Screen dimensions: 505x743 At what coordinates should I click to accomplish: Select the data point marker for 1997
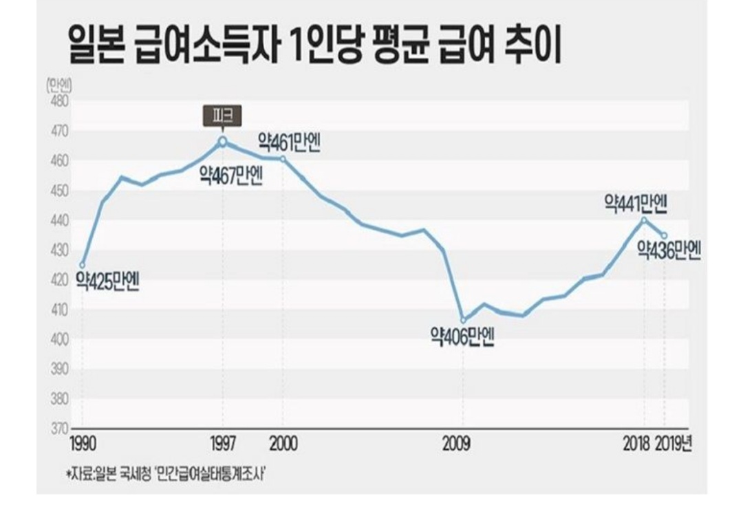[x=223, y=141]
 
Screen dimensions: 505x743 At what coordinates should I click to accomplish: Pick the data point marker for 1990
[x=83, y=265]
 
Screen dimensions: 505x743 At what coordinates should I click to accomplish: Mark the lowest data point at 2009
[x=463, y=320]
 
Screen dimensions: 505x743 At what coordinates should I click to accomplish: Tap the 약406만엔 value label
[x=462, y=338]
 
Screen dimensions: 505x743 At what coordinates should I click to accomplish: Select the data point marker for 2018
[x=645, y=219]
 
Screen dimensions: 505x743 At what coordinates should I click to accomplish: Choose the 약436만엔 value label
[x=669, y=250]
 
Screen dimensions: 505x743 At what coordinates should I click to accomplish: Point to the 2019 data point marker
[x=664, y=235]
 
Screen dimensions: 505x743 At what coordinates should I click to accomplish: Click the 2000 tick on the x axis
[x=283, y=444]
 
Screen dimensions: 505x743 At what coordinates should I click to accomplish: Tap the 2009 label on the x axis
[x=457, y=444]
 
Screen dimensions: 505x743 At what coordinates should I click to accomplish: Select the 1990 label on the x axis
[x=83, y=444]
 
